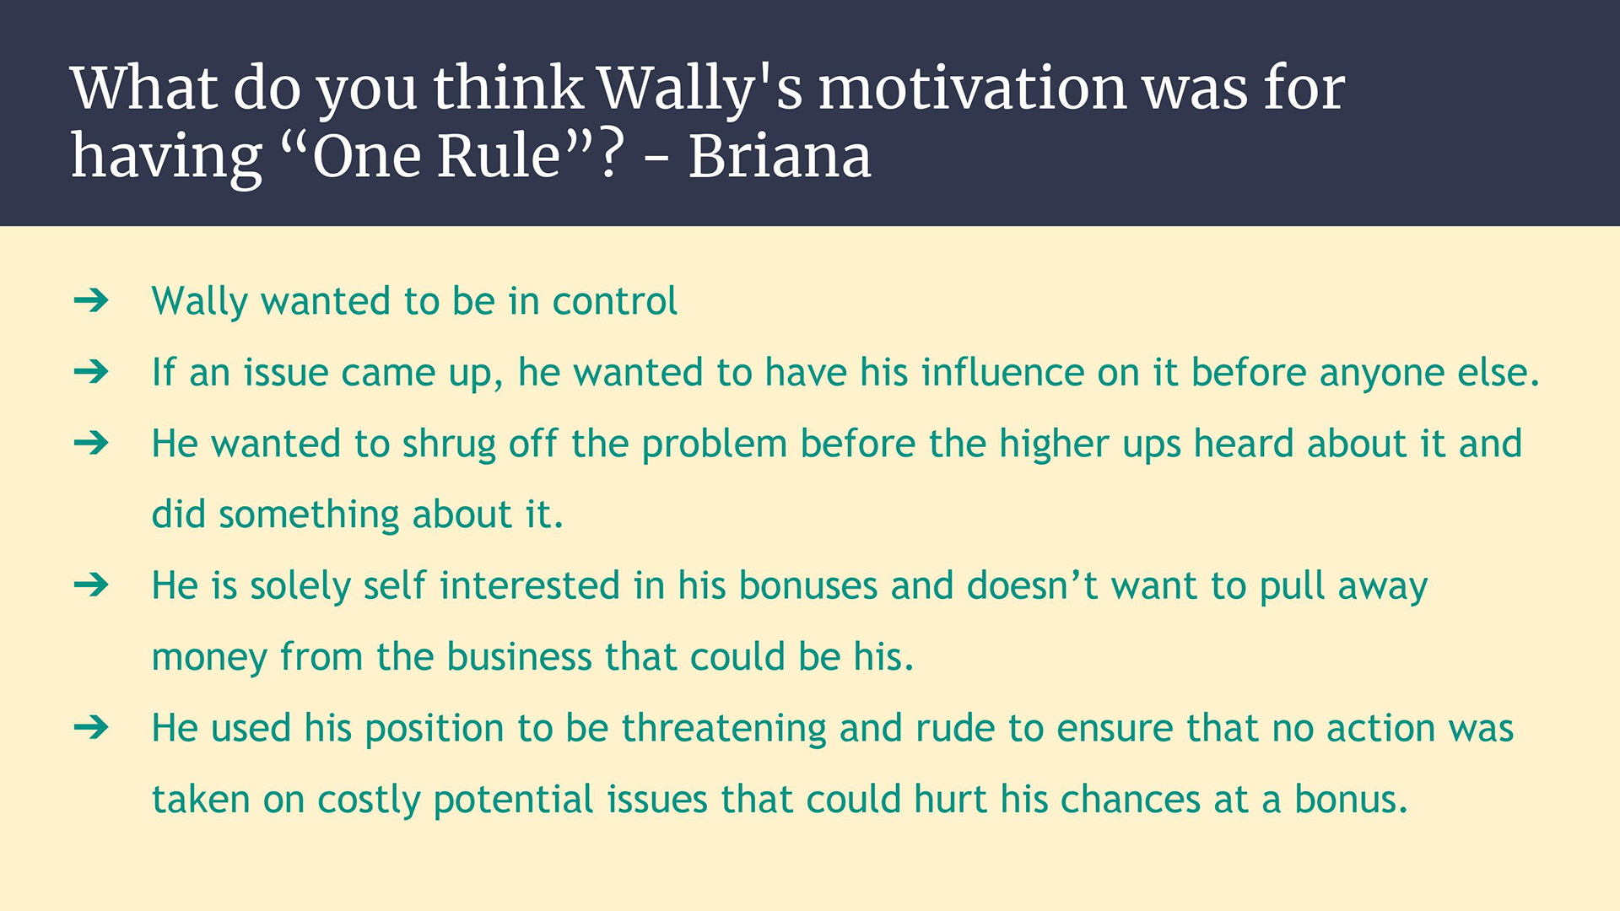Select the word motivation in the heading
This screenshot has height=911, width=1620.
(973, 88)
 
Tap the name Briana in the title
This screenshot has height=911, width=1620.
(780, 156)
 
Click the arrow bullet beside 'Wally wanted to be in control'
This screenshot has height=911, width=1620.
(91, 300)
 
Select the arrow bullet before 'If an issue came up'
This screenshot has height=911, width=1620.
(91, 371)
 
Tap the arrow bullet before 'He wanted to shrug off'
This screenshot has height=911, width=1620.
(91, 443)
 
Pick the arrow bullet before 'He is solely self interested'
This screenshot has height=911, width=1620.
(91, 585)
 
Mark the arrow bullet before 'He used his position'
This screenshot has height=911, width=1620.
(91, 727)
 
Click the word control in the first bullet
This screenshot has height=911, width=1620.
(614, 301)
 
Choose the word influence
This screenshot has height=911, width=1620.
(1002, 372)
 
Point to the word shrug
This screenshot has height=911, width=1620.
(449, 445)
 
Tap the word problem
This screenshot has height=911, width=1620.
(715, 445)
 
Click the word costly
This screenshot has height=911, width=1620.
(369, 800)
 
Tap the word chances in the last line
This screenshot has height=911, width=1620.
(1131, 799)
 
